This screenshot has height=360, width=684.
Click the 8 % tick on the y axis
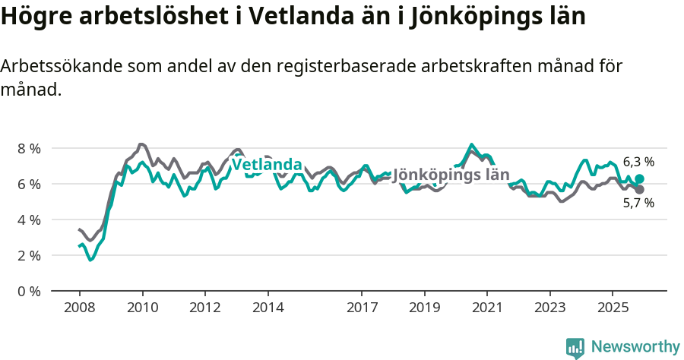[29, 148]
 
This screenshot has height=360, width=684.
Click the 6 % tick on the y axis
[29, 184]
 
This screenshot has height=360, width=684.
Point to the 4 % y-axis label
[29, 219]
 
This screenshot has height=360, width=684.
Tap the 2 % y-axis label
[29, 255]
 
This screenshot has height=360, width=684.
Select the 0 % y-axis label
[29, 291]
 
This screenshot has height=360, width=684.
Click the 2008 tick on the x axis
[79, 308]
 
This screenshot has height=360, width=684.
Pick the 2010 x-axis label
[142, 308]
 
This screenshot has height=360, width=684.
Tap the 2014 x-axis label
[268, 308]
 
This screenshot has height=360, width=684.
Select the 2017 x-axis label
[362, 308]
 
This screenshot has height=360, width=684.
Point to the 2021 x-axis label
[487, 308]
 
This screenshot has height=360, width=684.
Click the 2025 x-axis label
[613, 308]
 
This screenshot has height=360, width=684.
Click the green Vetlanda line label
[267, 165]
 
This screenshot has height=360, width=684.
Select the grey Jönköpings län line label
[450, 175]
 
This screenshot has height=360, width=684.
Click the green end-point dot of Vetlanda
[639, 178]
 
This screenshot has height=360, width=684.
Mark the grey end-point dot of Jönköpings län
[639, 189]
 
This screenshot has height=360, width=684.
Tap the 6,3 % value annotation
[638, 162]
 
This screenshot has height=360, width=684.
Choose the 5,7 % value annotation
[638, 204]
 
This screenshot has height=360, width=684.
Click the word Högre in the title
[36, 17]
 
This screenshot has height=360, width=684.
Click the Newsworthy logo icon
[575, 347]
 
